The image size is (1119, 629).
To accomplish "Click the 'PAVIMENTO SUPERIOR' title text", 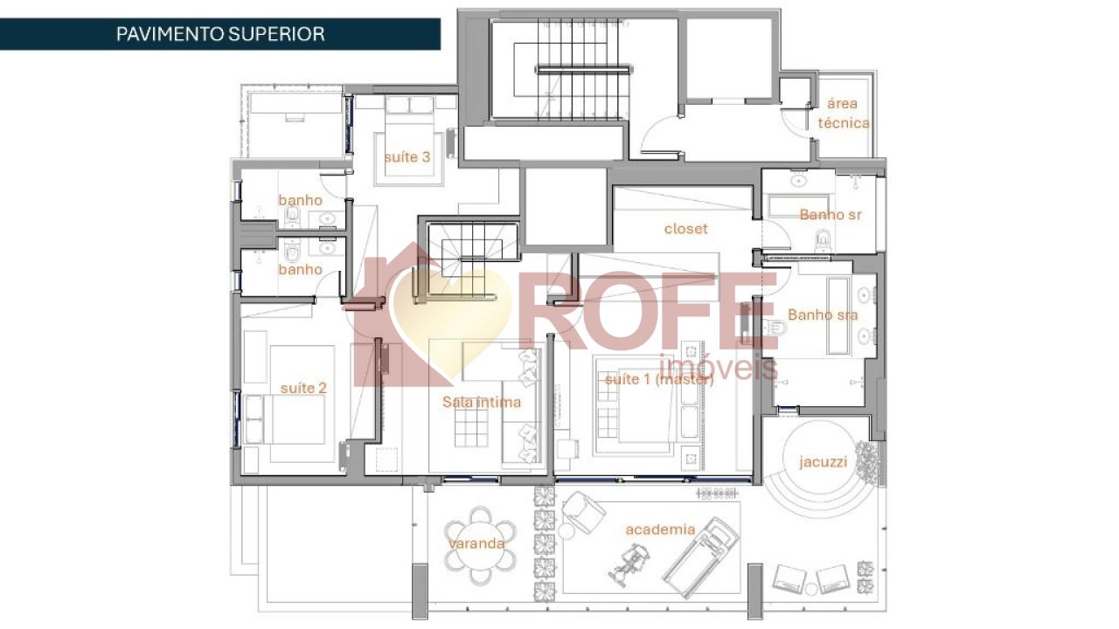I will [x=220, y=34].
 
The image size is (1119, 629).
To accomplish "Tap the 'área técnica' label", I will [x=843, y=114].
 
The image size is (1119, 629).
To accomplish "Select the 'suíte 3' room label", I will [x=407, y=157].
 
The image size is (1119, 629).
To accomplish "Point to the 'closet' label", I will [x=685, y=229].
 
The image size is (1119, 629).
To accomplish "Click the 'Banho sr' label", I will [x=831, y=215].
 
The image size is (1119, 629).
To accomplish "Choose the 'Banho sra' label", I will [x=822, y=314].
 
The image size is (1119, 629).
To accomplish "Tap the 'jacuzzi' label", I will [x=823, y=462].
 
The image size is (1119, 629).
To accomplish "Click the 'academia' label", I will [x=660, y=529].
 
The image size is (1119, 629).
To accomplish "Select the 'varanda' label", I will [x=477, y=543].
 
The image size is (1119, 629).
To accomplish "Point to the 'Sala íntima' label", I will [x=481, y=402].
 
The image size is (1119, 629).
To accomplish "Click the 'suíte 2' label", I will [x=303, y=387].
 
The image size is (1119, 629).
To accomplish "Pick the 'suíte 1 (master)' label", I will [x=658, y=379].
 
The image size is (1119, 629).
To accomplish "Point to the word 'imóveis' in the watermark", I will [x=717, y=367].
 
